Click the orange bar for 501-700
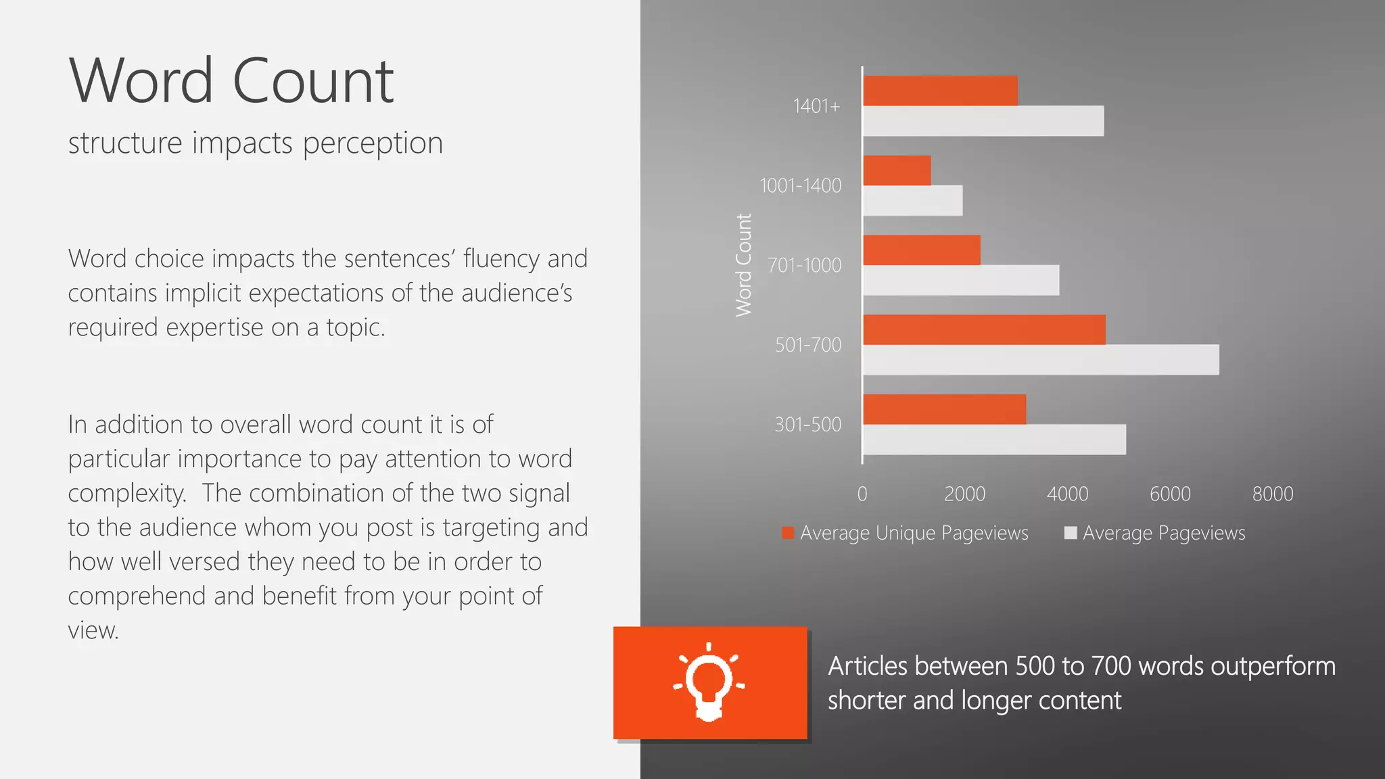pyautogui.click(x=984, y=330)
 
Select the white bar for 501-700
pyautogui.click(x=1041, y=360)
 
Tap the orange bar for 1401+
pyautogui.click(x=940, y=91)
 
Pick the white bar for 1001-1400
pyautogui.click(x=913, y=201)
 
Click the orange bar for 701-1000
pyautogui.click(x=922, y=250)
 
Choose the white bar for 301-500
pyautogui.click(x=994, y=440)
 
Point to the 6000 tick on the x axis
pyautogui.click(x=1170, y=494)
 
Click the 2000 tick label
pyautogui.click(x=964, y=494)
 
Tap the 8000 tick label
pyautogui.click(x=1273, y=494)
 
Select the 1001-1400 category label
pyautogui.click(x=801, y=185)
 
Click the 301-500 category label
pyautogui.click(x=808, y=425)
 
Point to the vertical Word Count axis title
pyautogui.click(x=744, y=265)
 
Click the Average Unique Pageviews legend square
pyautogui.click(x=788, y=533)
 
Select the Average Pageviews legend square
pyautogui.click(x=1070, y=533)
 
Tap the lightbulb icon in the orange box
pyautogui.click(x=709, y=683)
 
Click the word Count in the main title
pyautogui.click(x=312, y=81)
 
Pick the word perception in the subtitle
pyautogui.click(x=373, y=143)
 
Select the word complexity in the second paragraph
pyautogui.click(x=127, y=494)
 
